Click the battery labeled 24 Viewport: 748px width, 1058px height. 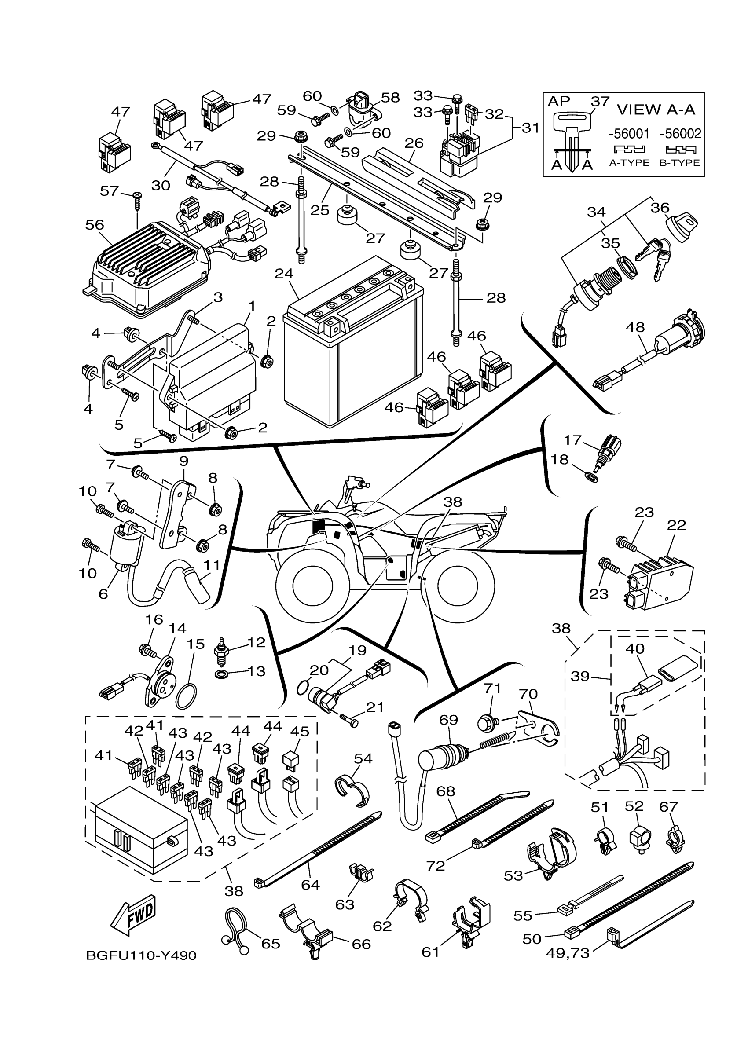[x=352, y=350]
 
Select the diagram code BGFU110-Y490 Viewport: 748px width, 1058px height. [x=141, y=955]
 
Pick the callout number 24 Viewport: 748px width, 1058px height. [x=284, y=273]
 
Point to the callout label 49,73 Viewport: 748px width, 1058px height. [x=568, y=952]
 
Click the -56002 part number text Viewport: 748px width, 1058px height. [x=680, y=134]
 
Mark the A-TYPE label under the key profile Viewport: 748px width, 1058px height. [x=629, y=163]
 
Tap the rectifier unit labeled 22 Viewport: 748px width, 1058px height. [x=659, y=581]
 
